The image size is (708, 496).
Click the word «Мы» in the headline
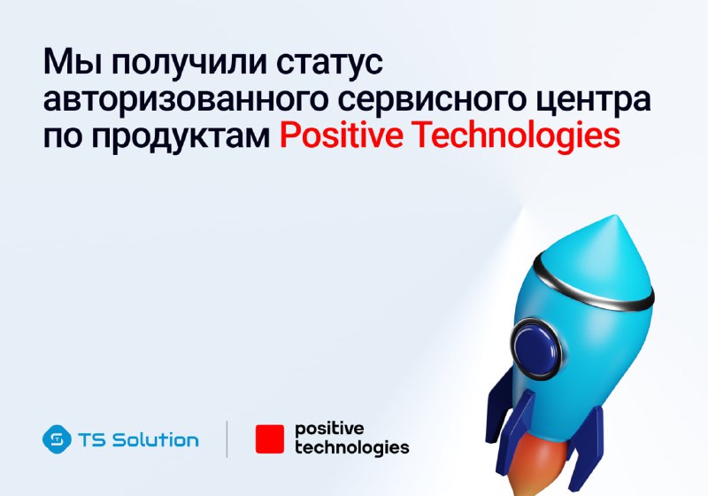click(x=73, y=61)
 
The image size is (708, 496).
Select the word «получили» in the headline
click(x=189, y=63)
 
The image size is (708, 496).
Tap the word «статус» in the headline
click(x=329, y=64)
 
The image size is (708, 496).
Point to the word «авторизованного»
click(x=185, y=100)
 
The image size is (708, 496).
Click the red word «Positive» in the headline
click(x=341, y=135)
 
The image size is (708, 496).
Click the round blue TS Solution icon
click(x=57, y=439)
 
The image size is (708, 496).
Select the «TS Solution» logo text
click(x=138, y=439)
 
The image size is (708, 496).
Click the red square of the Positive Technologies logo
click(x=270, y=439)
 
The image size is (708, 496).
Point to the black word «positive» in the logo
click(x=329, y=430)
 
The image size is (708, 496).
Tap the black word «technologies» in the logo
click(x=351, y=448)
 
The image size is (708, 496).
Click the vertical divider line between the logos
click(x=227, y=439)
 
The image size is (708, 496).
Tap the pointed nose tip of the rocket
click(x=615, y=218)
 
